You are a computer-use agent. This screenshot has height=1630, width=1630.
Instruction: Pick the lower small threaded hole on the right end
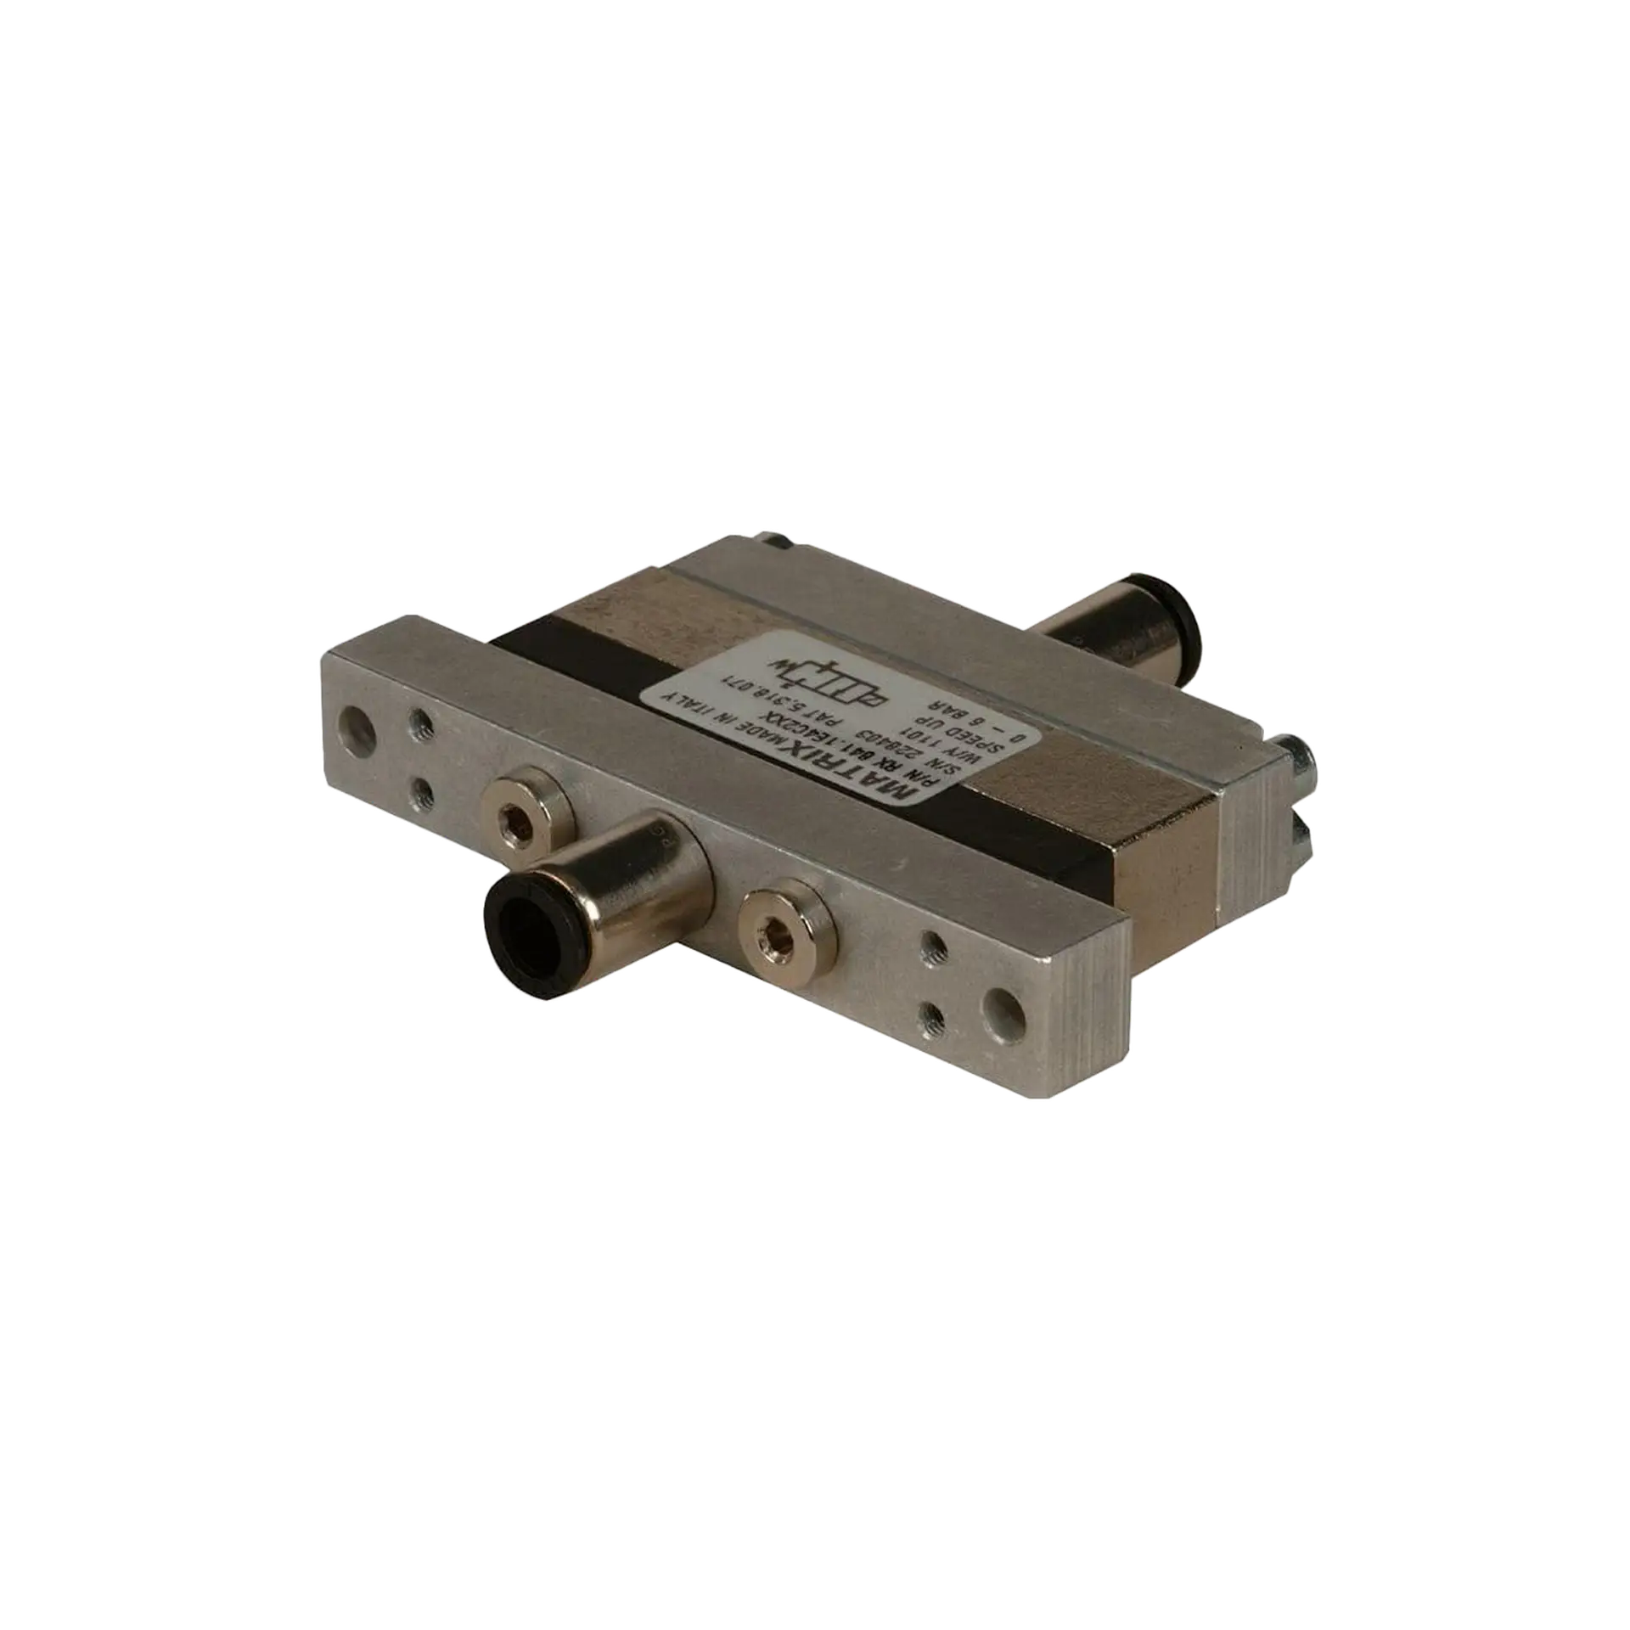click(933, 1015)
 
